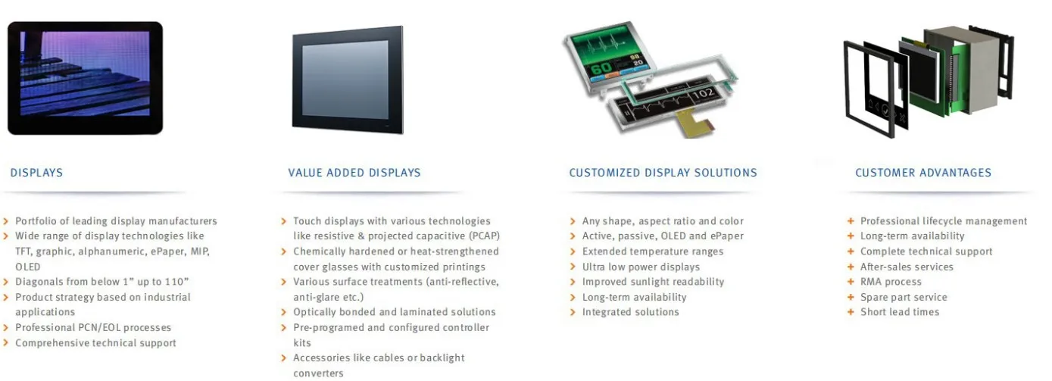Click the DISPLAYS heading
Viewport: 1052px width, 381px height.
[x=36, y=173]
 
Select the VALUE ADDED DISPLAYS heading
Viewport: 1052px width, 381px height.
[x=354, y=173]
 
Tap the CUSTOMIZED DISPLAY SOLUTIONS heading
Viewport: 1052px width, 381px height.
[x=663, y=173]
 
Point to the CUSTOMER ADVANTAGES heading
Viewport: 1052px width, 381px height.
[x=922, y=173]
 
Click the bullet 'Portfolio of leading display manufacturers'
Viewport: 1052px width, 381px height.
[x=116, y=221]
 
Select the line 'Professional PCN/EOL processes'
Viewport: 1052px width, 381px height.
[x=93, y=327]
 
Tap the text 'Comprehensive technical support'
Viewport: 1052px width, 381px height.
[x=95, y=343]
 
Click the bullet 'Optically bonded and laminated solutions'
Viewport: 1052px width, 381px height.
[x=394, y=312]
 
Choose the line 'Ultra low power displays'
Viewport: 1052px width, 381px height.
[x=641, y=267]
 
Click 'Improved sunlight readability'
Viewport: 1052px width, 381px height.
[x=653, y=282]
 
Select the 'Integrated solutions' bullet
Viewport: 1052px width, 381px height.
[x=630, y=312]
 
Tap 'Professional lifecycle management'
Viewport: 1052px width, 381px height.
[x=944, y=221]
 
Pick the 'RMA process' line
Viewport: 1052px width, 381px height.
[x=891, y=282]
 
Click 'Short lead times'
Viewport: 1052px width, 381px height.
[x=899, y=312]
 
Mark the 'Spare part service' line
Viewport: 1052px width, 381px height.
[x=904, y=297]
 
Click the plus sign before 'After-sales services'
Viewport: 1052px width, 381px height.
[x=851, y=267]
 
